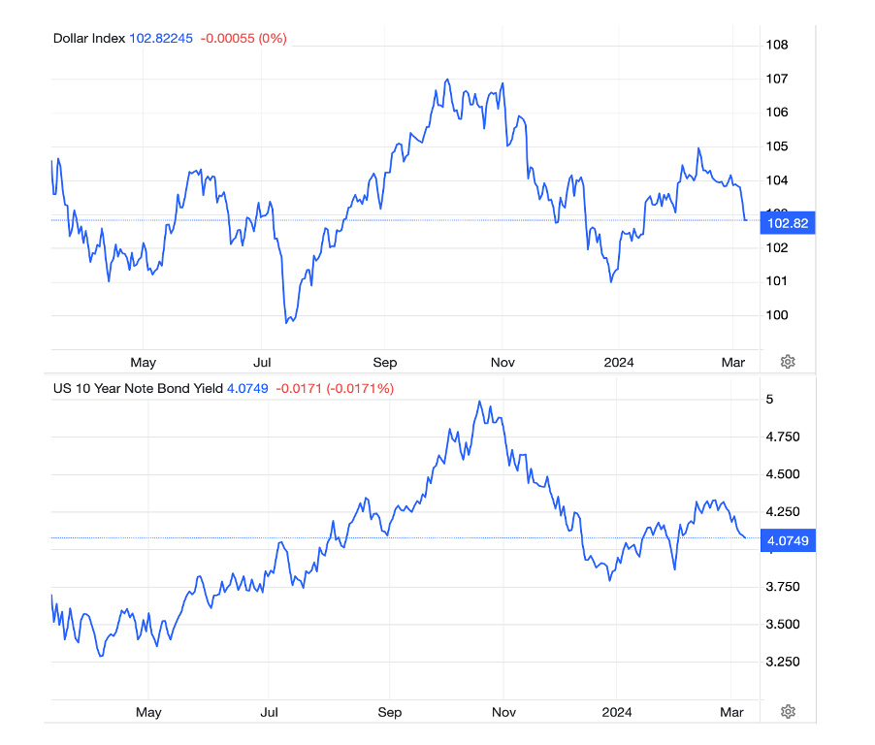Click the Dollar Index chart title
pyautogui.click(x=88, y=38)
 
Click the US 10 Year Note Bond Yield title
pyautogui.click(x=138, y=388)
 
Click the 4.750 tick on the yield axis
pyautogui.click(x=782, y=437)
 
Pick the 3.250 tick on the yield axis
pyautogui.click(x=782, y=662)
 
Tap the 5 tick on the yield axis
pyautogui.click(x=770, y=400)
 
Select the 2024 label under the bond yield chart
pyautogui.click(x=617, y=712)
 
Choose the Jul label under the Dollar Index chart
pyautogui.click(x=262, y=362)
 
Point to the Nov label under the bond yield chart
pyautogui.click(x=503, y=712)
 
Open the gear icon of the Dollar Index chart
pyautogui.click(x=788, y=362)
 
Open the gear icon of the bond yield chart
pyautogui.click(x=788, y=712)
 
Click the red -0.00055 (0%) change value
pyautogui.click(x=243, y=38)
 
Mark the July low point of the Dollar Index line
pyautogui.click(x=287, y=322)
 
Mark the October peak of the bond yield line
pyautogui.click(x=479, y=401)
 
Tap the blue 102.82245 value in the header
pyautogui.click(x=161, y=38)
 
